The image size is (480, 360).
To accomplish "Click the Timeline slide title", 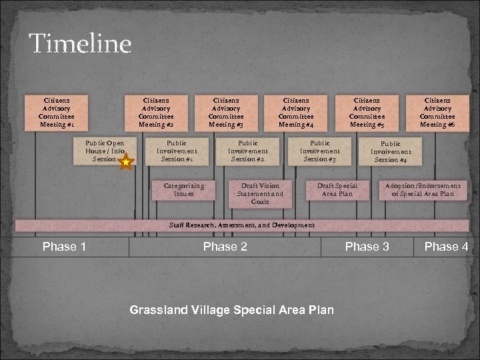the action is point(80,44).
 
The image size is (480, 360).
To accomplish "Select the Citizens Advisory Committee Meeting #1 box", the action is point(56,112).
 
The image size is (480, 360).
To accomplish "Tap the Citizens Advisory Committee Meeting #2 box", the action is point(156,112).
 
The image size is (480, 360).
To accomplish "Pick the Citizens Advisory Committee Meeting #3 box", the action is point(226,112).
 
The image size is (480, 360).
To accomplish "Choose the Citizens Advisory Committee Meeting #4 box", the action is point(296,112).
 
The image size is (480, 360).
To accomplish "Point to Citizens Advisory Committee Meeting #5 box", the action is point(367,112).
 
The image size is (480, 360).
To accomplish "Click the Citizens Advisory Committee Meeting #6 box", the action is point(437,112).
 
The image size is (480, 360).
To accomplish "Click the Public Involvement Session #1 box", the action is point(177,151).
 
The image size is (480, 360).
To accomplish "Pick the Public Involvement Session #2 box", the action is point(248,151).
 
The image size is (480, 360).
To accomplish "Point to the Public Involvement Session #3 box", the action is point(319,151).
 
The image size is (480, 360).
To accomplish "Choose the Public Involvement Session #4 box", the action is point(391,151).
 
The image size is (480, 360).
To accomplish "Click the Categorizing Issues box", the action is point(184,190).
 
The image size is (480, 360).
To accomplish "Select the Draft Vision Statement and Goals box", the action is point(260,193).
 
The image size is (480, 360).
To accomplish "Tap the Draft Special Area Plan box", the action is point(337,190).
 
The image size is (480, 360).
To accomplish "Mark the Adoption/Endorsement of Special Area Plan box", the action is point(423,190).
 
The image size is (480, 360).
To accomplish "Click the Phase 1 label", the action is point(64,247).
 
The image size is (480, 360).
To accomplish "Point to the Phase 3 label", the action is point(367,247).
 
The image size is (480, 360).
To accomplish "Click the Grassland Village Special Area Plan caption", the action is point(231,310).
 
